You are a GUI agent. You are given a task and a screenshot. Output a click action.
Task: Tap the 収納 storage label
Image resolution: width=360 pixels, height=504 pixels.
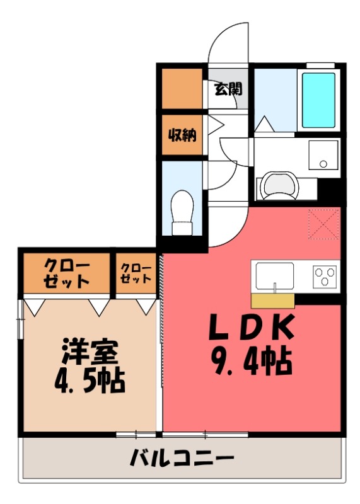(182, 134)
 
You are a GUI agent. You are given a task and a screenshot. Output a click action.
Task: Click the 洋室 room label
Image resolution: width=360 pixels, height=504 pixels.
(89, 351)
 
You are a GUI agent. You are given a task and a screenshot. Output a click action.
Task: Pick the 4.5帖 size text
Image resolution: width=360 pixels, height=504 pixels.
(89, 380)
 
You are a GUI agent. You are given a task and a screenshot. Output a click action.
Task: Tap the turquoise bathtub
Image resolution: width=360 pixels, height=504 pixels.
(320, 100)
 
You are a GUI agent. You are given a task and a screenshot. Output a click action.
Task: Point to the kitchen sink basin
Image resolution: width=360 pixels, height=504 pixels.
(274, 275)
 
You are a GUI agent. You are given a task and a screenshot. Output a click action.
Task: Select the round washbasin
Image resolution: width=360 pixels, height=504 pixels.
(278, 185)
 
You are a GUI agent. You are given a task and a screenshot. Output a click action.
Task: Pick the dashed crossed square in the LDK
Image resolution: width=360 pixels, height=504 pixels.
(323, 224)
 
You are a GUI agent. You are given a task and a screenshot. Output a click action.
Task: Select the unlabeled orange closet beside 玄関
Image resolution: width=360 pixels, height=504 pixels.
(182, 88)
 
